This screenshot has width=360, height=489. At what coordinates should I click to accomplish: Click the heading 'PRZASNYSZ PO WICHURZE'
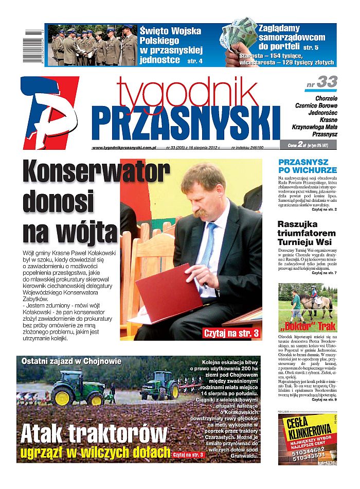point(308,166)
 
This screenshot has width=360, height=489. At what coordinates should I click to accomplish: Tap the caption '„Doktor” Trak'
point(308,326)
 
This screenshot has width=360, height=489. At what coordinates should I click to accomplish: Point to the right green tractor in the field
point(159,386)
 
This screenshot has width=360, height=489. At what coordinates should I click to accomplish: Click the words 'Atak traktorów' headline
point(94,434)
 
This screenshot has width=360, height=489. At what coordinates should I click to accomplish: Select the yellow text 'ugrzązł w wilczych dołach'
point(95,453)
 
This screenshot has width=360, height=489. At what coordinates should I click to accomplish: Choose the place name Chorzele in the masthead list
point(323,97)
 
